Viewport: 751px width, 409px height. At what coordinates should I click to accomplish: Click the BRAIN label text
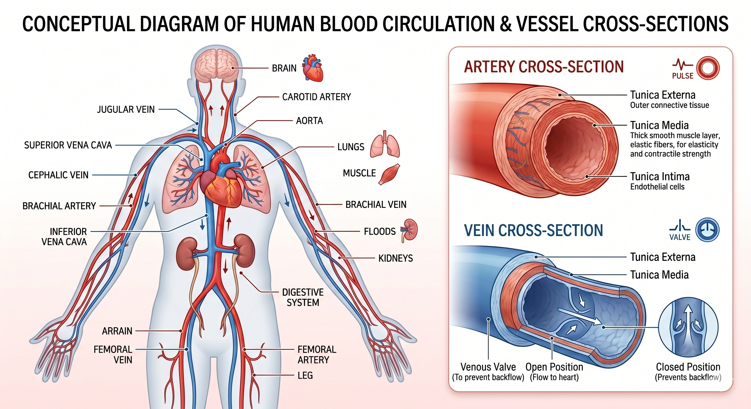tap(284, 68)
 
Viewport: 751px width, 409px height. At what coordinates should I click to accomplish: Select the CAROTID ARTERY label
tap(316, 97)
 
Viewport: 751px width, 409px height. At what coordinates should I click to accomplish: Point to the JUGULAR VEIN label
tap(126, 109)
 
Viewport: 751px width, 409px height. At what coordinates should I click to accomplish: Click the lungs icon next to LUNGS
tap(385, 144)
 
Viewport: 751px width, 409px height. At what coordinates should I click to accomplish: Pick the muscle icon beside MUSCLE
tap(389, 174)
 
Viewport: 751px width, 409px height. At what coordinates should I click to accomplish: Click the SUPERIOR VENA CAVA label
tap(68, 145)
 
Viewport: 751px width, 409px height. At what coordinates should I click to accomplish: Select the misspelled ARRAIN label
tap(117, 331)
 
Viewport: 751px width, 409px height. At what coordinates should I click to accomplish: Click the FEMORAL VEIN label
tap(113, 355)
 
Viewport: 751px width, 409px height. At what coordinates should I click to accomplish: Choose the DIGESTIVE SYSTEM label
tap(303, 297)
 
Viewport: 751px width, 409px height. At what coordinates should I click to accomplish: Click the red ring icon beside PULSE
tap(708, 68)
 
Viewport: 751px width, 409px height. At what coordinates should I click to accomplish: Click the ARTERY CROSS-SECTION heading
tap(544, 67)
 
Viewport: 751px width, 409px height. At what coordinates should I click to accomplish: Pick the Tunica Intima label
tap(660, 177)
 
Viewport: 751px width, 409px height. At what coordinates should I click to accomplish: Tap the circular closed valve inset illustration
tap(688, 327)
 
